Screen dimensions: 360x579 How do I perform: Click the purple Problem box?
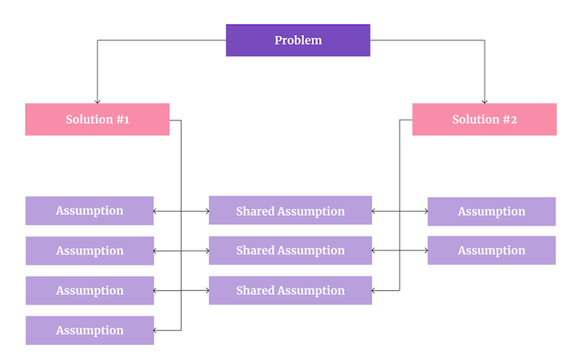click(x=297, y=40)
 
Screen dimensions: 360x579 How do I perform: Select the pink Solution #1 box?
click(x=97, y=120)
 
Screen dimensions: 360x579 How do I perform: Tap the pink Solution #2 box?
click(x=484, y=120)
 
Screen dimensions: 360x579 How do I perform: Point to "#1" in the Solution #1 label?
click(x=121, y=120)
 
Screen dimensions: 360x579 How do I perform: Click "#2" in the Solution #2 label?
click(x=508, y=120)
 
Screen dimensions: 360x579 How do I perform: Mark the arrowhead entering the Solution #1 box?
click(x=97, y=101)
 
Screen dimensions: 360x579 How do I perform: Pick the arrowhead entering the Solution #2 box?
click(x=484, y=101)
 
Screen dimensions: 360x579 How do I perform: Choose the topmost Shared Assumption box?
click(x=290, y=211)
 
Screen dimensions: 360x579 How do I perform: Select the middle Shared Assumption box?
click(x=290, y=251)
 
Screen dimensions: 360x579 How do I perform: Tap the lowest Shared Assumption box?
click(x=290, y=290)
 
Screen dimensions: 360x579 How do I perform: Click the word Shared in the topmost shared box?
click(x=255, y=211)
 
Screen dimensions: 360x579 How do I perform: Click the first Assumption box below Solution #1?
click(x=90, y=211)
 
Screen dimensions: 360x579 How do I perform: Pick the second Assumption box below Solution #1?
click(x=90, y=251)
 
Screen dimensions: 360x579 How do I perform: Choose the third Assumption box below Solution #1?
click(x=90, y=290)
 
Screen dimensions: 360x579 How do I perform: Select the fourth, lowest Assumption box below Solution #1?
click(x=90, y=330)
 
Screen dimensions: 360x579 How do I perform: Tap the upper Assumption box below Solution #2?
click(x=492, y=211)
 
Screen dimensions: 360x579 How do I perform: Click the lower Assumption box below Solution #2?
click(x=492, y=251)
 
